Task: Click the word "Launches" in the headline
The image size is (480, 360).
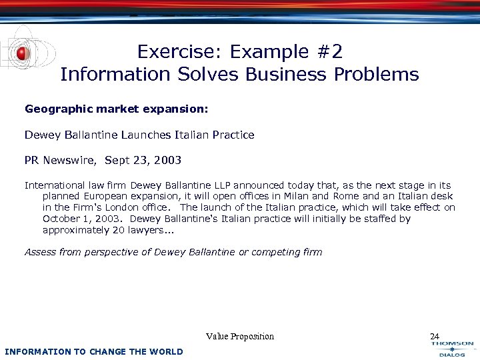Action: point(148,135)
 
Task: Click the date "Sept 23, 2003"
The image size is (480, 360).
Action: point(143,161)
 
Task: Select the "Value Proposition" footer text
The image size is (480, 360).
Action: point(240,337)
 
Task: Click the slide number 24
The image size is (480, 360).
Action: point(435,337)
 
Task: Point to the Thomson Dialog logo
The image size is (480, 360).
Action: point(452,349)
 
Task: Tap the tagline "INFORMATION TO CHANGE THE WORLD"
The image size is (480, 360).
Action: point(93,351)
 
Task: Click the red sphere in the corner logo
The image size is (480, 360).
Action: point(23,53)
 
